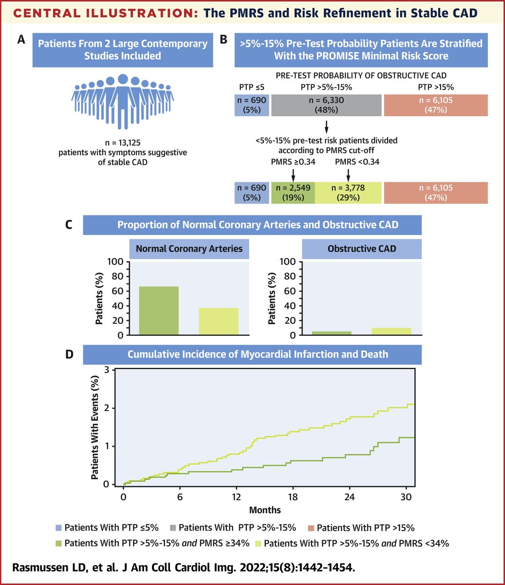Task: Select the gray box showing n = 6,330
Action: (x=326, y=106)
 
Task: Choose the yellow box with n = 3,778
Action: (x=348, y=193)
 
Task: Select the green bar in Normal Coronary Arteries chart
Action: (x=159, y=311)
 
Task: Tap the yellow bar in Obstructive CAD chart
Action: (x=392, y=331)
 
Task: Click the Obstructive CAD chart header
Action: (x=362, y=249)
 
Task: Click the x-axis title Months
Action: (x=265, y=510)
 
